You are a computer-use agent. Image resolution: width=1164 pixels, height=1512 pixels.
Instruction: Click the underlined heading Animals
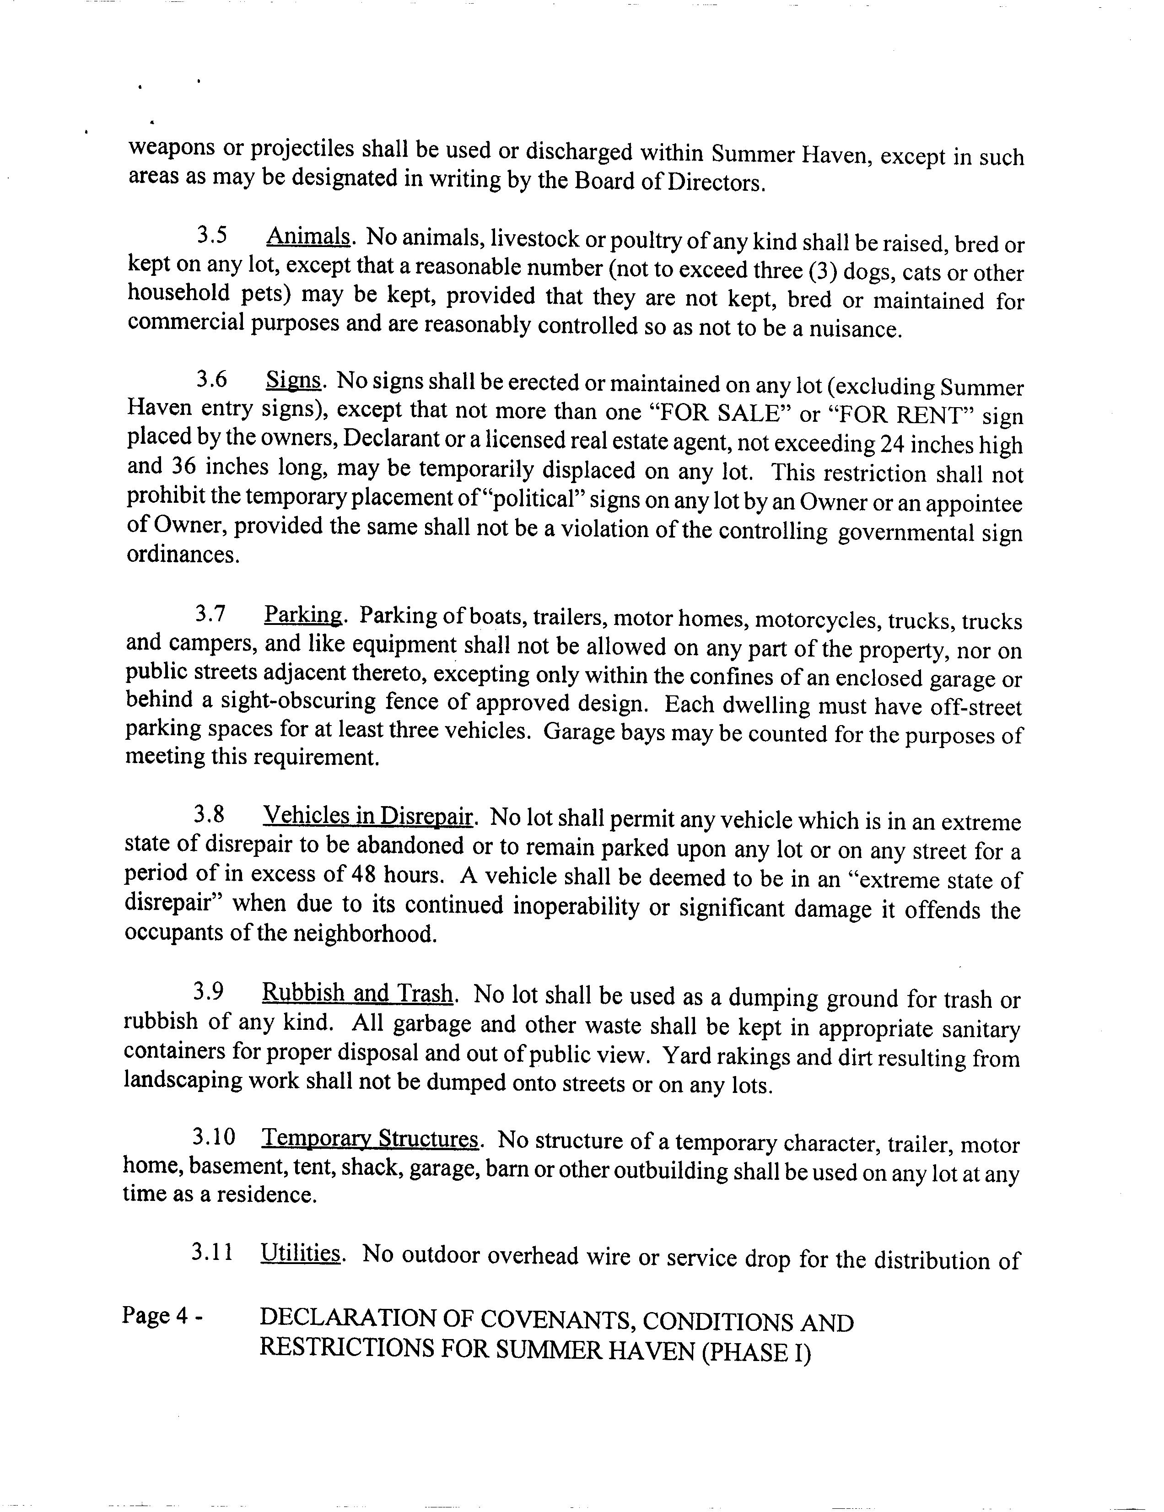[x=307, y=237]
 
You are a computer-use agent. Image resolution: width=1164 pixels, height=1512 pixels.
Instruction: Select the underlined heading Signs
[x=294, y=380]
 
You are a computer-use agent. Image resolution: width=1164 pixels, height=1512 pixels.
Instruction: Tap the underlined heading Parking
[x=302, y=615]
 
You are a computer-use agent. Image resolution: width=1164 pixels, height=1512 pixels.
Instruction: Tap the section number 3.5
[x=212, y=236]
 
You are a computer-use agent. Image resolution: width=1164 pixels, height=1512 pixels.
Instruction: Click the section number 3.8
[x=209, y=815]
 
